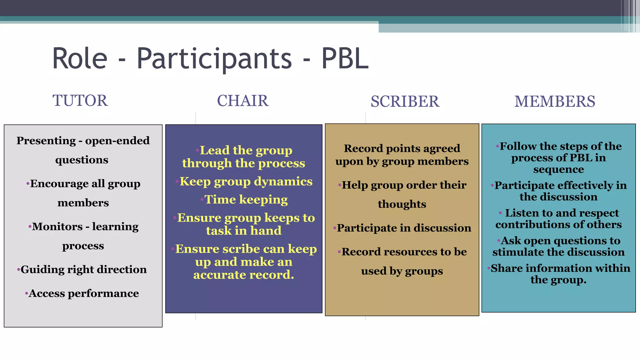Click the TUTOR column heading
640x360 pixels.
(x=80, y=101)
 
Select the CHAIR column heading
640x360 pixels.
(x=243, y=101)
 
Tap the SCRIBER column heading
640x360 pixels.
(x=405, y=102)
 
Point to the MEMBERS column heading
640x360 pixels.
(x=555, y=102)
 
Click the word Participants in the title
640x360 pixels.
(x=214, y=58)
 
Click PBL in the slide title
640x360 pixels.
(x=345, y=58)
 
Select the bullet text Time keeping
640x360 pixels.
(x=246, y=200)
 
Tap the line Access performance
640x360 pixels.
(x=83, y=293)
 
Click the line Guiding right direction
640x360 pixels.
(x=83, y=269)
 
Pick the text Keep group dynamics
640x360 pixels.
(x=246, y=182)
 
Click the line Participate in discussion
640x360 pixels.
(x=404, y=228)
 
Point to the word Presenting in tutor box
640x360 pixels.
(x=46, y=141)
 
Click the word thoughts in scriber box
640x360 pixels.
(x=402, y=204)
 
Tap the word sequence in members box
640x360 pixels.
(x=558, y=169)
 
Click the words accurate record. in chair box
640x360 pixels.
(x=244, y=275)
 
